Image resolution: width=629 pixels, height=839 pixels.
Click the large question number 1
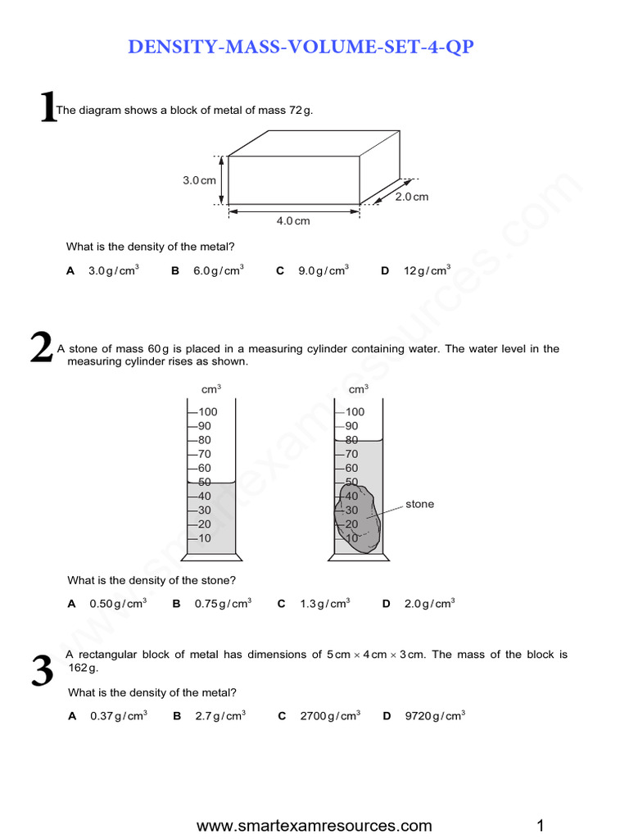point(48,108)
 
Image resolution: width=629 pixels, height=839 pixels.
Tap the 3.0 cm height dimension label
point(199,180)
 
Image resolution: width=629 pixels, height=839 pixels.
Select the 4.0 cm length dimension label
point(293,220)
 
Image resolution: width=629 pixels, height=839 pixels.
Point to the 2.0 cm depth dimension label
point(412,197)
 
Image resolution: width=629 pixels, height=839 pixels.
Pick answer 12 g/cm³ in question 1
point(426,270)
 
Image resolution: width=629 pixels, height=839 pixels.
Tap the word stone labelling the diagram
point(419,505)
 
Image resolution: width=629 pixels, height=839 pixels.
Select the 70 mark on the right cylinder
point(351,454)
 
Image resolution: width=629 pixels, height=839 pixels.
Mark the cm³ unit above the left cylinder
point(211,389)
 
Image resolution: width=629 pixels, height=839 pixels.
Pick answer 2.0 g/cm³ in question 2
point(428,604)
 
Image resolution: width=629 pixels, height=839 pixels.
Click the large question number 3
point(42,672)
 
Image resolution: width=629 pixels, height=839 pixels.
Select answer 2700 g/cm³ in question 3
point(329,716)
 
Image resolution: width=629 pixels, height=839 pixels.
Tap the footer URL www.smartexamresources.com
point(314,825)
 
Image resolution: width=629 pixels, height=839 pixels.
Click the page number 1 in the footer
point(541,825)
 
